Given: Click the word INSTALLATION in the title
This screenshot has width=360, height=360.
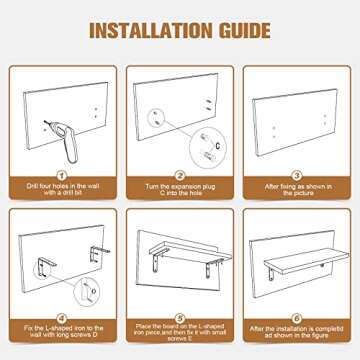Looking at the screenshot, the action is click(x=151, y=31).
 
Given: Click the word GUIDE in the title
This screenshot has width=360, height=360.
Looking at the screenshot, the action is click(x=245, y=31).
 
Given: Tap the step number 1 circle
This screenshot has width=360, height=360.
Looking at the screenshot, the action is click(x=63, y=175).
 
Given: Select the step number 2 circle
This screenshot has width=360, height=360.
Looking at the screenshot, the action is click(x=180, y=175).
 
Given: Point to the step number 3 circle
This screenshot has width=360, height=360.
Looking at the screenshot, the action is click(x=297, y=175).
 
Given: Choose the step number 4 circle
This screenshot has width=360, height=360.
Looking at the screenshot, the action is click(x=63, y=318).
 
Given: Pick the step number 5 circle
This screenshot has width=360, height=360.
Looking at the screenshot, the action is click(x=180, y=318).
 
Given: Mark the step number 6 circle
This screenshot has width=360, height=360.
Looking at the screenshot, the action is click(x=297, y=318).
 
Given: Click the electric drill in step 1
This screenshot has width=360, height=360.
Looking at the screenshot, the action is click(x=65, y=140).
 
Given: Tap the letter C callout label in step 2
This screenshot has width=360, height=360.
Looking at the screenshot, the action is click(x=218, y=146).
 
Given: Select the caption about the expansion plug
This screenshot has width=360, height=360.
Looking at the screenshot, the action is click(x=180, y=189).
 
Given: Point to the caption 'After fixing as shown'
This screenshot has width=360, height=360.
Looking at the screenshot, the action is click(x=297, y=189).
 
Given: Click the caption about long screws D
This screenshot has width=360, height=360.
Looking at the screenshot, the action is click(x=63, y=332).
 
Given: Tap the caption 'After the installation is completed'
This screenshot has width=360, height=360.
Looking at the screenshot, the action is click(x=297, y=332).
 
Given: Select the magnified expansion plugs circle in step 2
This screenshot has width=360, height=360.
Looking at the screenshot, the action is click(x=208, y=146).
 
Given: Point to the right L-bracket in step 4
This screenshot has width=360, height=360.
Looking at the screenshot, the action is click(x=98, y=253).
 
